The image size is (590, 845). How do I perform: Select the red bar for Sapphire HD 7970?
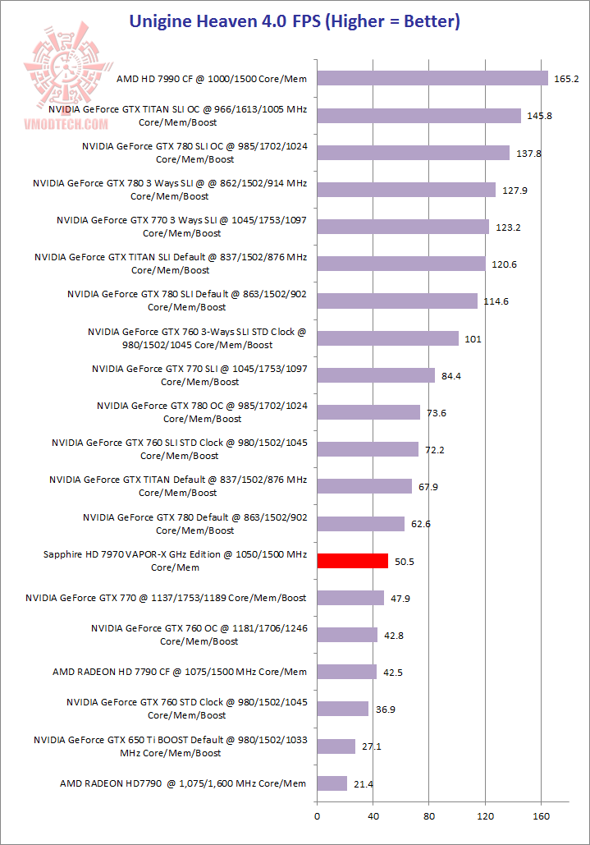[352, 561]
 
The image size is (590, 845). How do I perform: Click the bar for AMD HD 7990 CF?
[432, 78]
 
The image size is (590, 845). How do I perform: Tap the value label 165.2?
[567, 79]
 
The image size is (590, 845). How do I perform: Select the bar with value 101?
[387, 338]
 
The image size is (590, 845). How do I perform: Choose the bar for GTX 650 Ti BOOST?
[336, 746]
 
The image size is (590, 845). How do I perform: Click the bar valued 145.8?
[418, 115]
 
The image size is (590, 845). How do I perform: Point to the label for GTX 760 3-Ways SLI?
[197, 338]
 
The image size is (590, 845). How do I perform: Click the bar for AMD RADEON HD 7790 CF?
[346, 672]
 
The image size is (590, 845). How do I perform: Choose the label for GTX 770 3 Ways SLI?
[181, 227]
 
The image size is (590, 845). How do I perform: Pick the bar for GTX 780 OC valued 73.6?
[368, 412]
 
